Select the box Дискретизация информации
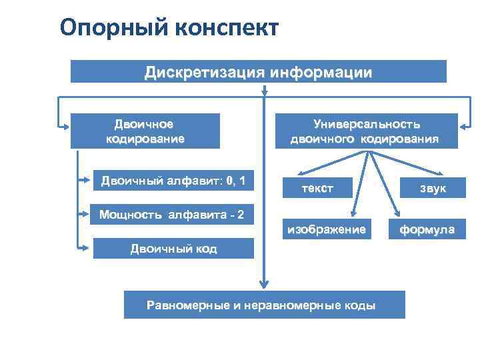pyautogui.click(x=259, y=71)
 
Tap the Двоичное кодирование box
pyautogui.click(x=145, y=131)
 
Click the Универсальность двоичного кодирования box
pyautogui.click(x=364, y=131)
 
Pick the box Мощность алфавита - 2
pyautogui.click(x=172, y=214)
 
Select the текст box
pyautogui.click(x=317, y=189)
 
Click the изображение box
pyautogui.click(x=326, y=229)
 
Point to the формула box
pyautogui.click(x=427, y=230)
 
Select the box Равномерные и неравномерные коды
pyautogui.click(x=264, y=305)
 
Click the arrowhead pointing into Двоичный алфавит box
pyautogui.click(x=85, y=179)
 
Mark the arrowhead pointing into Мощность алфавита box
pyautogui.click(x=85, y=214)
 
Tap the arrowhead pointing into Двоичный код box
pyautogui.click(x=85, y=248)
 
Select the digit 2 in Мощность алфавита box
pyautogui.click(x=240, y=214)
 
